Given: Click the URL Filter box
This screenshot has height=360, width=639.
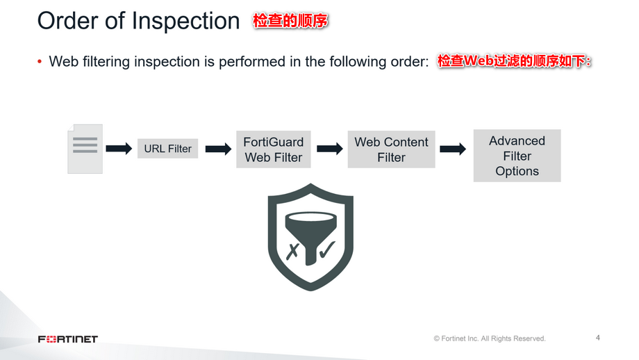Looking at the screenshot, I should (167, 149).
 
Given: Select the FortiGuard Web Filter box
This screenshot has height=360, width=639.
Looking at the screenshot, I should (273, 149).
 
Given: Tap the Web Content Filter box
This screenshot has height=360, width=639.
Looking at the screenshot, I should (391, 149).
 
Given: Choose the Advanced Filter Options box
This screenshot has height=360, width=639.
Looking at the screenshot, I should (517, 156).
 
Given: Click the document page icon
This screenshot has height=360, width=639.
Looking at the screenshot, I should (85, 148).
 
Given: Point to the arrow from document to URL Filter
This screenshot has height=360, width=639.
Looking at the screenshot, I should (119, 149).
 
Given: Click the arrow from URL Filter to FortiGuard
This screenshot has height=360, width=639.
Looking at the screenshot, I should (218, 149).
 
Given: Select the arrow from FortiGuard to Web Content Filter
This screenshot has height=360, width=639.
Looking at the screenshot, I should (330, 149).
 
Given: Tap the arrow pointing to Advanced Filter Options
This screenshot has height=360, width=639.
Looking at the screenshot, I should (453, 149).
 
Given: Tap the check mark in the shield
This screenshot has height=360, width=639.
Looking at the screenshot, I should (326, 249).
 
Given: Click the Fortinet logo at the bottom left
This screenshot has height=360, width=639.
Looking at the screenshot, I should (68, 339).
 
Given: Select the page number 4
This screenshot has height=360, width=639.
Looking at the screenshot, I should (598, 338).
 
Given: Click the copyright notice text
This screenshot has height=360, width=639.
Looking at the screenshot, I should (490, 338).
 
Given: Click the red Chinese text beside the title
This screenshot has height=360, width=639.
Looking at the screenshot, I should (290, 21).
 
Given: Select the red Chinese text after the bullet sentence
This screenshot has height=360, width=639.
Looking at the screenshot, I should (514, 61).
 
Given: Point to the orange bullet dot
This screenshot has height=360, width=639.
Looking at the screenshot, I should (40, 61).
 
